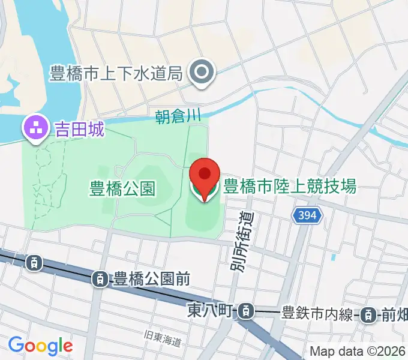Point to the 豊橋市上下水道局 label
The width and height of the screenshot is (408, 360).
click(x=116, y=74)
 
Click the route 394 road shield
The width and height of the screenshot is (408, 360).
click(x=309, y=214)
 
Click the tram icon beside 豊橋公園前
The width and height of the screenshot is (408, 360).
click(x=101, y=278)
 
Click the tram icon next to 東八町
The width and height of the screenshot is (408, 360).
click(x=245, y=311)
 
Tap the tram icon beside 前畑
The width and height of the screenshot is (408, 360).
click(x=371, y=314)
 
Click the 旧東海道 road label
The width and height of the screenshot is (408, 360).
click(x=163, y=341)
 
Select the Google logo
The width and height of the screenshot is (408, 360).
click(x=40, y=345)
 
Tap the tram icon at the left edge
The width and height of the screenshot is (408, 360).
click(x=34, y=262)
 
